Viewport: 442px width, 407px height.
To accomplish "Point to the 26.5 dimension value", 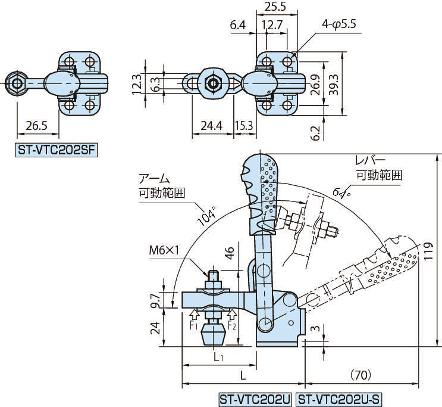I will pyautogui.click(x=37, y=126).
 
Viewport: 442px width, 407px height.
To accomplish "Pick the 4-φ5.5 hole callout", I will pyautogui.click(x=338, y=24).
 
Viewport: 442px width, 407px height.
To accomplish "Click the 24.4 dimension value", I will pyautogui.click(x=211, y=126).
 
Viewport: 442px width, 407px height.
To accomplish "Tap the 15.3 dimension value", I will pyautogui.click(x=244, y=126).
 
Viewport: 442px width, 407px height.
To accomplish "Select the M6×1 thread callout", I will pyautogui.click(x=165, y=251).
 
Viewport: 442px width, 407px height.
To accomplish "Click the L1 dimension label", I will pyautogui.click(x=218, y=358).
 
